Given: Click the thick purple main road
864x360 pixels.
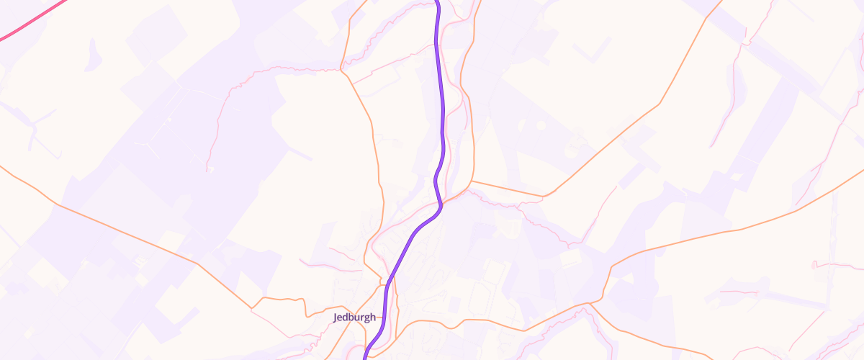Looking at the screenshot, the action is (x=441, y=108).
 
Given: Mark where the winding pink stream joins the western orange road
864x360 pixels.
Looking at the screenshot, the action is (x=341, y=71).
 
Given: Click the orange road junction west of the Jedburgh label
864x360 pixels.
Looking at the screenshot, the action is (x=252, y=308).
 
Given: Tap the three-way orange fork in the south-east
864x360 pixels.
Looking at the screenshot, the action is (x=589, y=304).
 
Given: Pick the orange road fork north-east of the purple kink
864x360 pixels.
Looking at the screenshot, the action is (x=472, y=181).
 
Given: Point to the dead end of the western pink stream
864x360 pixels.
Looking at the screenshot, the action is (x=207, y=171).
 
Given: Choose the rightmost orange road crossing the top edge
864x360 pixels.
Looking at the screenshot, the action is (x=716, y=6).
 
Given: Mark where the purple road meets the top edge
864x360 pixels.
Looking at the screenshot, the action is (x=436, y=2).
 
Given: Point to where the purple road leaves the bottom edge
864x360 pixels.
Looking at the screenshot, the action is (x=365, y=357).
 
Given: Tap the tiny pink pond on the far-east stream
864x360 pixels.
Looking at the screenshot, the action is (x=815, y=265).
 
